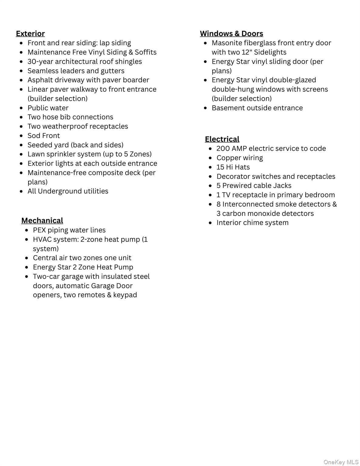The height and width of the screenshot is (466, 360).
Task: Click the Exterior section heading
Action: [30, 33]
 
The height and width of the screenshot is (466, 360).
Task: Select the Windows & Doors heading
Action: [231, 33]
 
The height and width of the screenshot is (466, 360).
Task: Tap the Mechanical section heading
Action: [42, 221]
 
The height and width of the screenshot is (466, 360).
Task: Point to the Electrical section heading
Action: [222, 139]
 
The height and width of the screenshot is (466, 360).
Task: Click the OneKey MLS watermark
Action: [341, 462]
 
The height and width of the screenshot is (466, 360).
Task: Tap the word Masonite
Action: [227, 43]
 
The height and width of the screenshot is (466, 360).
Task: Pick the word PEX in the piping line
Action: [39, 230]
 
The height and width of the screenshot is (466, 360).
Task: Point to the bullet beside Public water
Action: [21, 108]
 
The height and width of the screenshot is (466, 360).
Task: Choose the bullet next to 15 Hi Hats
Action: [210, 167]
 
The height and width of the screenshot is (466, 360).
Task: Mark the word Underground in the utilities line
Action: [60, 191]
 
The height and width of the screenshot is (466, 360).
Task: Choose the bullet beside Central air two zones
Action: [27, 258]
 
